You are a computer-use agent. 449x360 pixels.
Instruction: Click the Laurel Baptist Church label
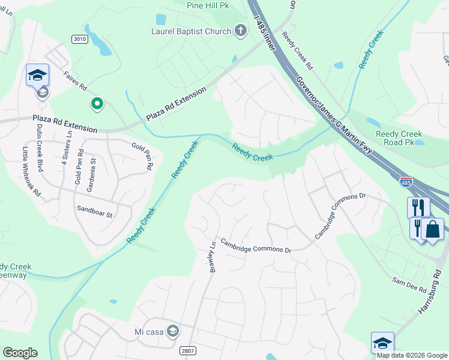coord(190,30)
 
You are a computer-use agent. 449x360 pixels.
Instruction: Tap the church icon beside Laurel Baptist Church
coord(240,30)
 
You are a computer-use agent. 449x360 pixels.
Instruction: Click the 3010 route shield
coord(79,39)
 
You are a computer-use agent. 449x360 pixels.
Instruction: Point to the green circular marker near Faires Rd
coord(96,104)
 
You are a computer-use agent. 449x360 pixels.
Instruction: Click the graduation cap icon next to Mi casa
coord(173,331)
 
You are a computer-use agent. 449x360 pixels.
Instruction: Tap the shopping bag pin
coord(432,230)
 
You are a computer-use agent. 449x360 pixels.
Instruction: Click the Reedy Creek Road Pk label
coord(399,138)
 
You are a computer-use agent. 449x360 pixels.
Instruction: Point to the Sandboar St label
coord(94,209)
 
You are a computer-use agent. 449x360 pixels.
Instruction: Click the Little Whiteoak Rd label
coord(32,172)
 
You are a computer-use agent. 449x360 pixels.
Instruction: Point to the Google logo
coord(20,352)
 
